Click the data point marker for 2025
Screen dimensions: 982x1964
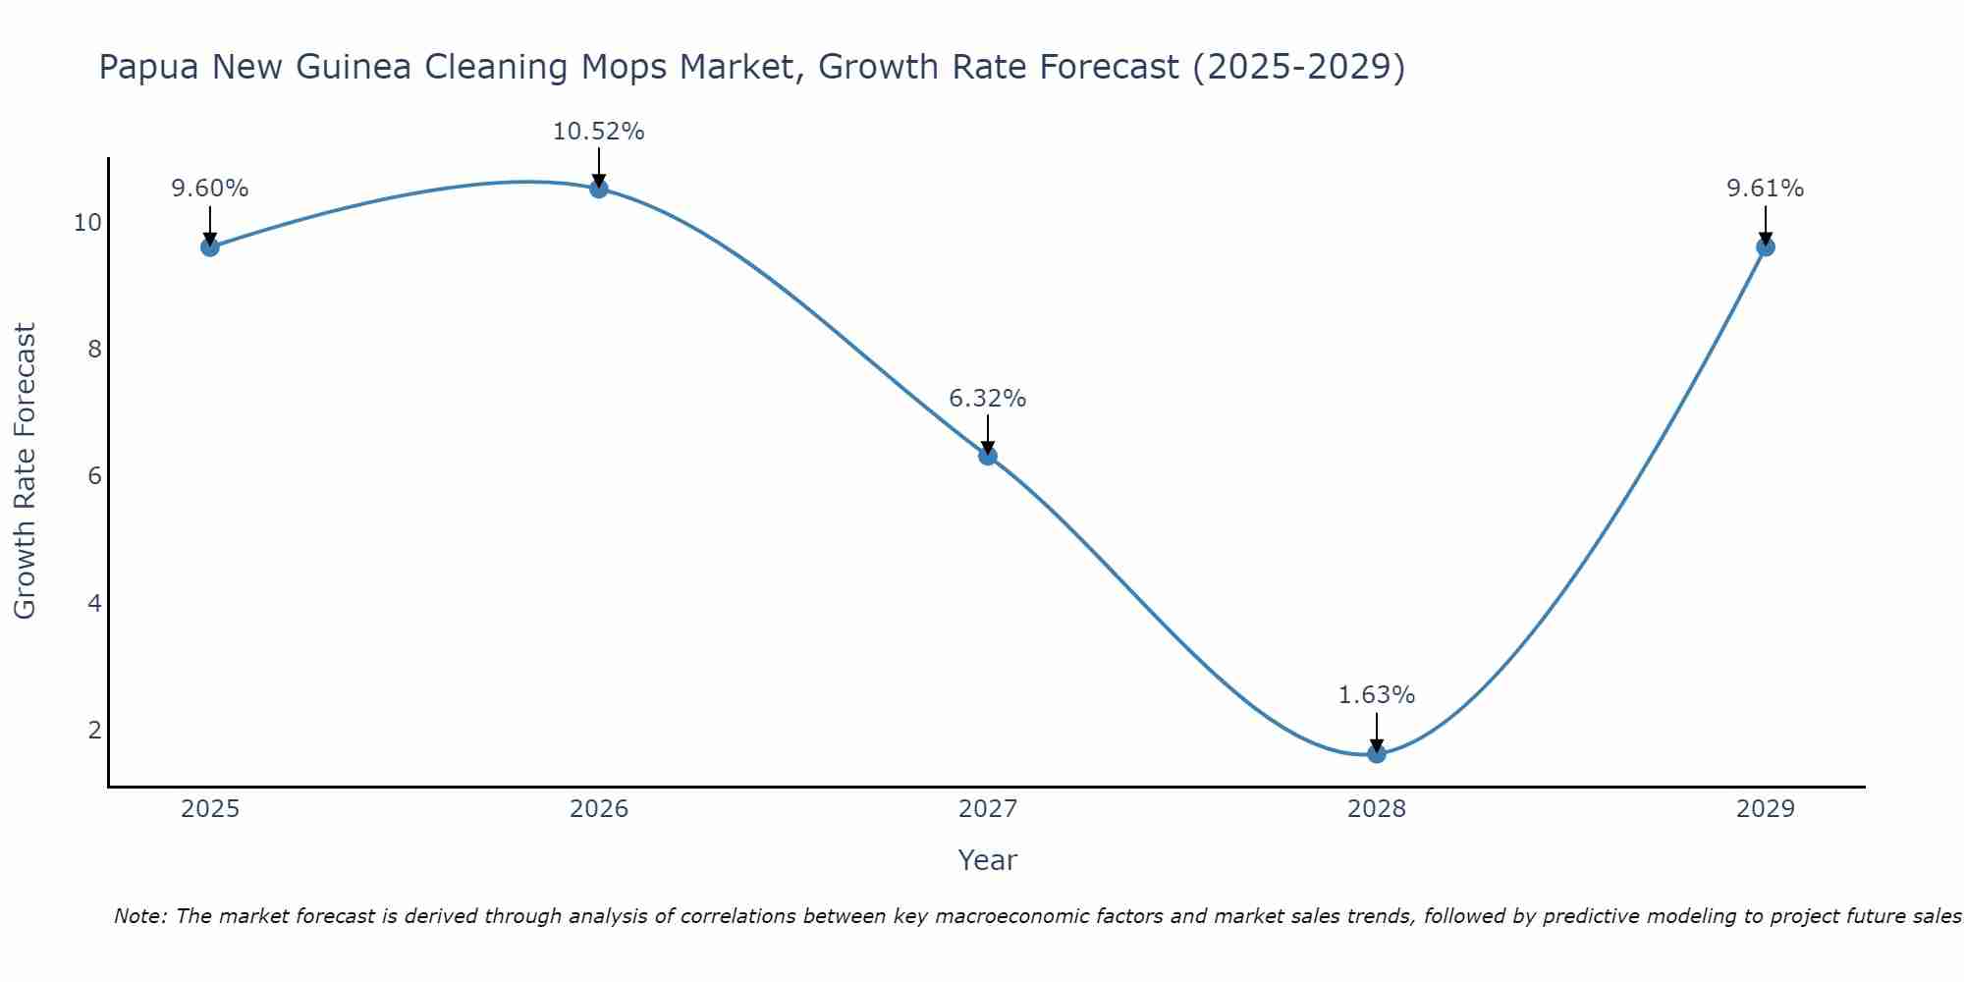[210, 246]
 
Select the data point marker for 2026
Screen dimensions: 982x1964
[599, 189]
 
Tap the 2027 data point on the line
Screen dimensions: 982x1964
[988, 456]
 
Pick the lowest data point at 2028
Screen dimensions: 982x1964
[1377, 753]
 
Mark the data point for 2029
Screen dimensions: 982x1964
[1766, 246]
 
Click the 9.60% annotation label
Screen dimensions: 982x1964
[210, 189]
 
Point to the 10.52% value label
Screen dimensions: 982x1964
[599, 132]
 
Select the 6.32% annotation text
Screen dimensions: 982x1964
[988, 399]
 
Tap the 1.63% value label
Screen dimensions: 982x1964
[1377, 695]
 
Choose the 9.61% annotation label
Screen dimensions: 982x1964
[1766, 189]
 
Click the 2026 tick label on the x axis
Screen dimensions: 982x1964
[599, 809]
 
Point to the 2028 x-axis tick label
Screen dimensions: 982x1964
[1377, 809]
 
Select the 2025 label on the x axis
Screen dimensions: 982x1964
[210, 809]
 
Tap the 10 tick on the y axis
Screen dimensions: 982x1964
[87, 223]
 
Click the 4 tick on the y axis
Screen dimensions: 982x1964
[94, 603]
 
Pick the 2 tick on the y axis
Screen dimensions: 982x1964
[94, 730]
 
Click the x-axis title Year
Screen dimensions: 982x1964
[988, 860]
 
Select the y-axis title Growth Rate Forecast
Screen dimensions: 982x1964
[26, 470]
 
